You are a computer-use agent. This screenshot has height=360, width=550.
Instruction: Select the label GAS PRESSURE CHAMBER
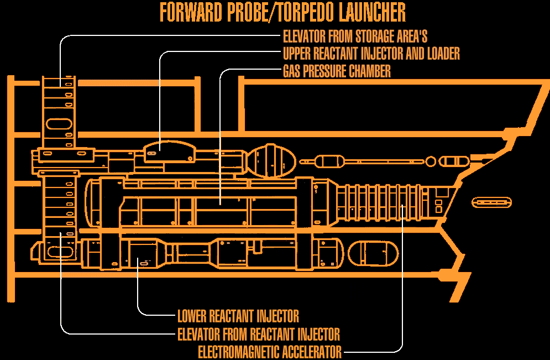coord(337,71)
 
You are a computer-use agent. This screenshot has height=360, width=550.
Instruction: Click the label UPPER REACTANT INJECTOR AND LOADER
coord(371,54)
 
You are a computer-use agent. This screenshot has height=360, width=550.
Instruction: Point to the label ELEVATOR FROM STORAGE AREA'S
coord(355,36)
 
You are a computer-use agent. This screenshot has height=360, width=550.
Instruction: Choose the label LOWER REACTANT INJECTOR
coord(238,316)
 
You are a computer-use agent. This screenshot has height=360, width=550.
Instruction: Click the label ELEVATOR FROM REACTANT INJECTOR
coord(258,334)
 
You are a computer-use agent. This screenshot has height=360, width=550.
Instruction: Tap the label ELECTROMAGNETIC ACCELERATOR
coord(270,352)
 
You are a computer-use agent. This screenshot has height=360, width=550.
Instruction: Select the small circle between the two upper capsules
coord(431,161)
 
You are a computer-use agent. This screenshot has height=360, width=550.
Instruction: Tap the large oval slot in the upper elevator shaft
coord(58,123)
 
